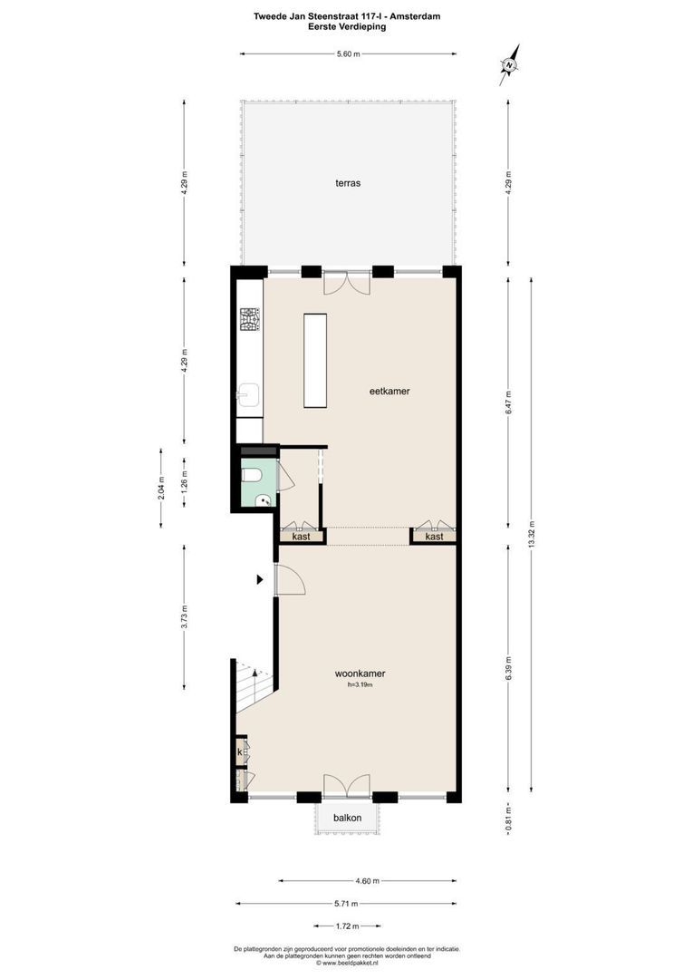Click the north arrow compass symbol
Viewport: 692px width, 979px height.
(510, 64)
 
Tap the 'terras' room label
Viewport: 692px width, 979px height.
(348, 182)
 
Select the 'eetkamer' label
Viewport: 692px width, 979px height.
(389, 392)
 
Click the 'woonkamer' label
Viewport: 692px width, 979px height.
(360, 674)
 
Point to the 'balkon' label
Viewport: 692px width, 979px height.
(347, 818)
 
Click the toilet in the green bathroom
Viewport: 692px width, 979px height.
(254, 474)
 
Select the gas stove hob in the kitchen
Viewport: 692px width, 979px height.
(250, 319)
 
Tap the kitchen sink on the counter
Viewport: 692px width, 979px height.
(249, 394)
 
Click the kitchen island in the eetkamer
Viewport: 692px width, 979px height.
(315, 361)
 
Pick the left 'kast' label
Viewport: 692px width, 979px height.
(302, 537)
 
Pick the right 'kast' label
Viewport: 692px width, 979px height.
(434, 537)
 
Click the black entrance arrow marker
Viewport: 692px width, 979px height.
(260, 579)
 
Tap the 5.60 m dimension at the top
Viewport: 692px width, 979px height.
(348, 54)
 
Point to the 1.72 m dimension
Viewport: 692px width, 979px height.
(347, 926)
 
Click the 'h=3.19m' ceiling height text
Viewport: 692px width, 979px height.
(360, 685)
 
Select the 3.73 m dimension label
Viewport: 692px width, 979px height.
(185, 616)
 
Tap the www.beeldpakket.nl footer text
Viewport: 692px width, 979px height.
(348, 964)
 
